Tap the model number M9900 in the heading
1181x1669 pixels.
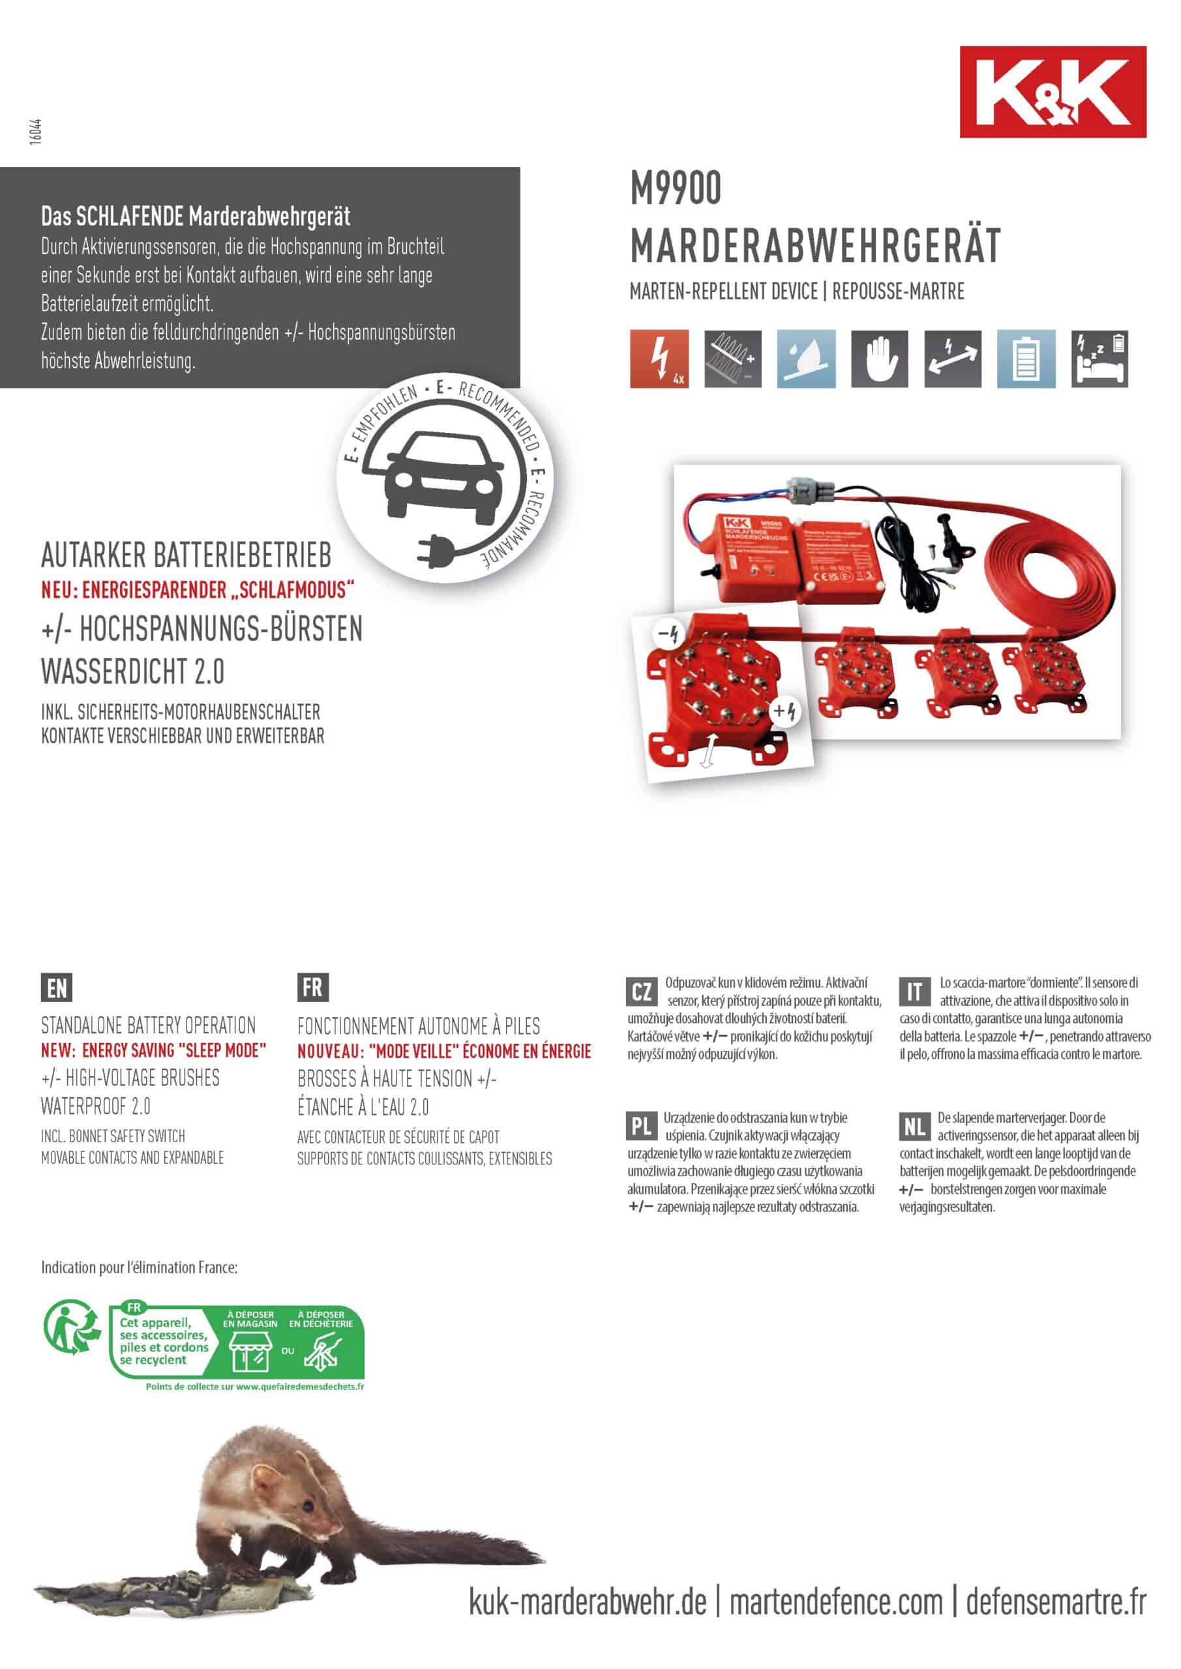pyautogui.click(x=676, y=188)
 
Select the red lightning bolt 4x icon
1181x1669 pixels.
pyautogui.click(x=659, y=359)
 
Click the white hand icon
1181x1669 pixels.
pyautogui.click(x=879, y=359)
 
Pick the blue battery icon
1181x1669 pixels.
pyautogui.click(x=1025, y=359)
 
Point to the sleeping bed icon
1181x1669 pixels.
pyautogui.click(x=1099, y=359)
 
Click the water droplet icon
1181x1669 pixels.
pyautogui.click(x=806, y=359)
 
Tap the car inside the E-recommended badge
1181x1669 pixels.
pyautogui.click(x=443, y=476)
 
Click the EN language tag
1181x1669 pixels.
pyautogui.click(x=57, y=988)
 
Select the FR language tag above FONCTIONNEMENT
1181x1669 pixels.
pyautogui.click(x=313, y=987)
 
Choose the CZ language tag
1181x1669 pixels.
pyautogui.click(x=642, y=992)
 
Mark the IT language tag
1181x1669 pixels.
pyautogui.click(x=914, y=992)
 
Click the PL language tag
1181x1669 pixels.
pyautogui.click(x=642, y=1126)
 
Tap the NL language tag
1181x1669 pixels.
pyautogui.click(x=914, y=1126)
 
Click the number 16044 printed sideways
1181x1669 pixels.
pyautogui.click(x=36, y=132)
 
